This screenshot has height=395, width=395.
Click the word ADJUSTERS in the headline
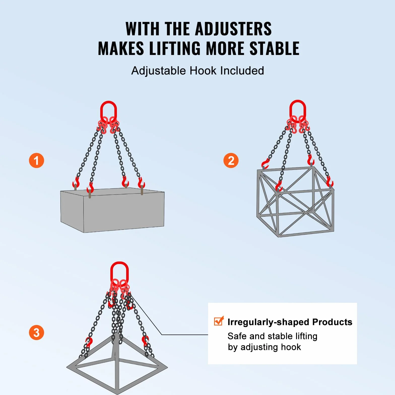(x=233, y=29)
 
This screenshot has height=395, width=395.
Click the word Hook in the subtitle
(x=203, y=71)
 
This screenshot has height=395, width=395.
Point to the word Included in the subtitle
(x=242, y=71)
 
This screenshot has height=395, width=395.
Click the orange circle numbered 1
(x=37, y=161)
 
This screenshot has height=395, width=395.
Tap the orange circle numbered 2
(x=231, y=161)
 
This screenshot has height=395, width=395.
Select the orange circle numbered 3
(x=37, y=333)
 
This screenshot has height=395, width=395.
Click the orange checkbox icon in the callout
(x=219, y=321)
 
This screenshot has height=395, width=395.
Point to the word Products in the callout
(x=332, y=322)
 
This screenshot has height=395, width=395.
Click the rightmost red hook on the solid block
(x=141, y=183)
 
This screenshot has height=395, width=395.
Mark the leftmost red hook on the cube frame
(x=265, y=164)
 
